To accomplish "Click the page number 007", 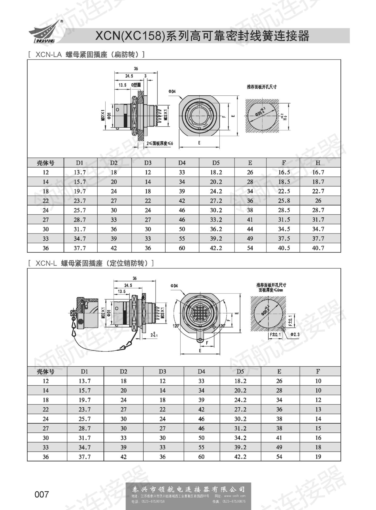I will [x=42, y=494].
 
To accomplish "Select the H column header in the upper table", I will [x=318, y=163].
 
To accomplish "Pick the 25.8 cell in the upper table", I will [x=284, y=201].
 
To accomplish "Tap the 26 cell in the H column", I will [x=318, y=201].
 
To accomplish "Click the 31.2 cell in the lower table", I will [x=240, y=428].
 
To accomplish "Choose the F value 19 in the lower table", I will [x=318, y=457].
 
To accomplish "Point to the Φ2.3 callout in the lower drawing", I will [x=295, y=334].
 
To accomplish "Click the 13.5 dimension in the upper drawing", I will [x=122, y=85].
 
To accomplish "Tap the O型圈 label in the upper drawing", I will [x=136, y=85].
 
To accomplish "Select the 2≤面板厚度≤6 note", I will [x=160, y=143].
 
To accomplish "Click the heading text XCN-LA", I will [x=49, y=55].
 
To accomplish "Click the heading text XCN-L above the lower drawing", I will [x=46, y=263].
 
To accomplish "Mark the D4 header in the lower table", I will [x=201, y=371].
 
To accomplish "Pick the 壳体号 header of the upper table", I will [x=45, y=163].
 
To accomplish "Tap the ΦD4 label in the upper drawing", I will [x=172, y=91].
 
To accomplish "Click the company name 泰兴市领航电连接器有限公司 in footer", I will [x=188, y=489].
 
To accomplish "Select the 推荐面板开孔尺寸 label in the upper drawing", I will [x=262, y=87].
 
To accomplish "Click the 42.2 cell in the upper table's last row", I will [x=216, y=248].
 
